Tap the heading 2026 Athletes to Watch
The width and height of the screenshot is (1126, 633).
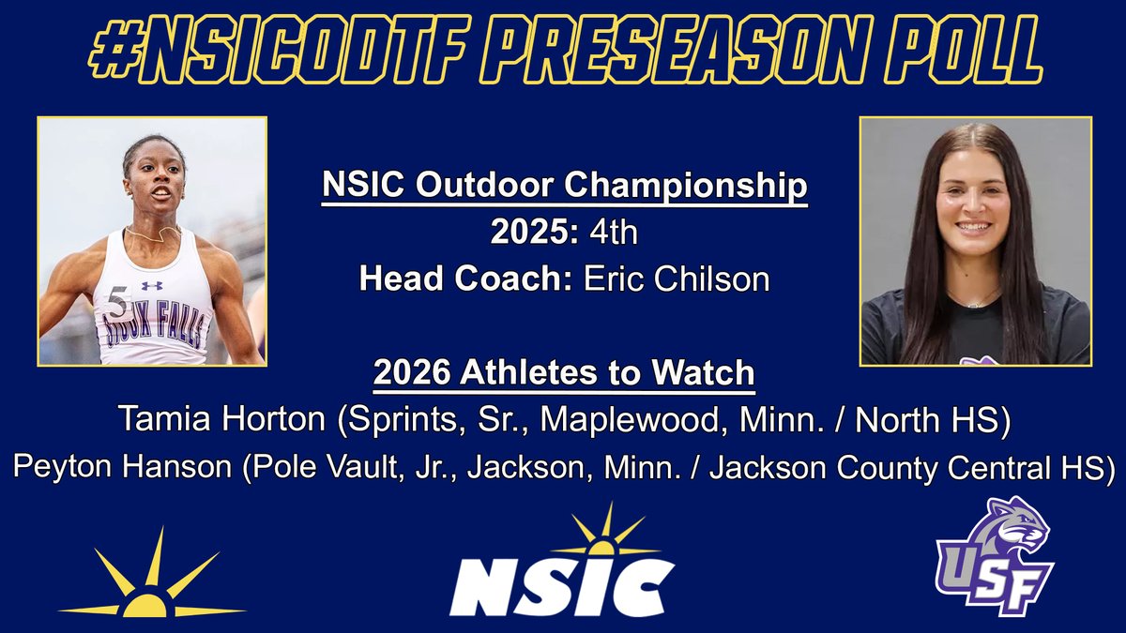564,373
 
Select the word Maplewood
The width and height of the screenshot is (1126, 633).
627,421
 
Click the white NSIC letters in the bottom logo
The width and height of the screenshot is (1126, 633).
562,586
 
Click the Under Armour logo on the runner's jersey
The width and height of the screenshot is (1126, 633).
152,285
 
